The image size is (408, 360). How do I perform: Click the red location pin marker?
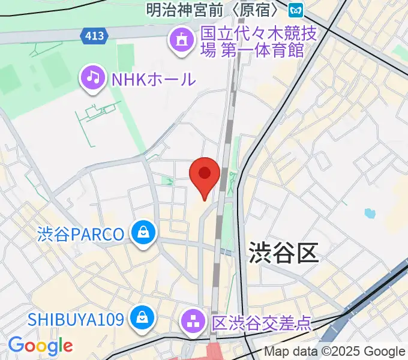pyautogui.click(x=205, y=175)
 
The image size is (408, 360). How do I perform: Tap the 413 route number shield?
pyautogui.click(x=94, y=36)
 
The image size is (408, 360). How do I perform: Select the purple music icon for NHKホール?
pyautogui.click(x=92, y=77)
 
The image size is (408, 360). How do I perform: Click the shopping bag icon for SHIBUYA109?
pyautogui.click(x=143, y=317)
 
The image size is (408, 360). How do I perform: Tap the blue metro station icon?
pyautogui.click(x=295, y=10)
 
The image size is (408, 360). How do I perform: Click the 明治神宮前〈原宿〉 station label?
pyautogui.click(x=214, y=10)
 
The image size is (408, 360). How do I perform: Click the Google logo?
pyautogui.click(x=40, y=346)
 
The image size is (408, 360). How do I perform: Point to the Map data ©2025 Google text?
pyautogui.click(x=335, y=352)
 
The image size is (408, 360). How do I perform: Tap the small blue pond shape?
pyautogui.click(x=369, y=212)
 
